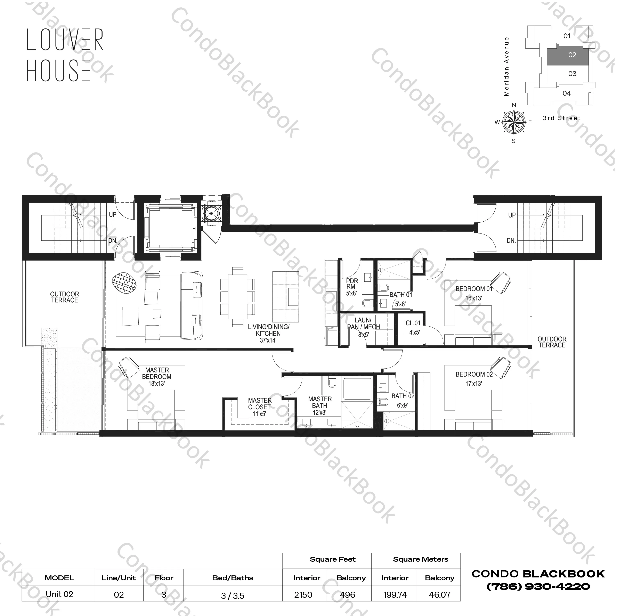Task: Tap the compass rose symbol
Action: click(x=513, y=122)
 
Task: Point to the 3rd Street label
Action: click(x=561, y=118)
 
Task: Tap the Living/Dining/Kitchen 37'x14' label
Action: click(x=268, y=333)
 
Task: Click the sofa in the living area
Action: click(x=192, y=306)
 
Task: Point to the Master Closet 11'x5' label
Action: click(x=259, y=407)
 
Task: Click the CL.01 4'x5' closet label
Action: click(x=414, y=328)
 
